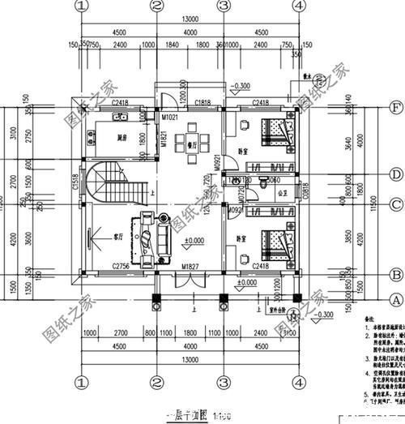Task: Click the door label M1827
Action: click(190, 267)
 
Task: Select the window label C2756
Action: click(121, 267)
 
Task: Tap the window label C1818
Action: click(203, 104)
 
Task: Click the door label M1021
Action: click(169, 118)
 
